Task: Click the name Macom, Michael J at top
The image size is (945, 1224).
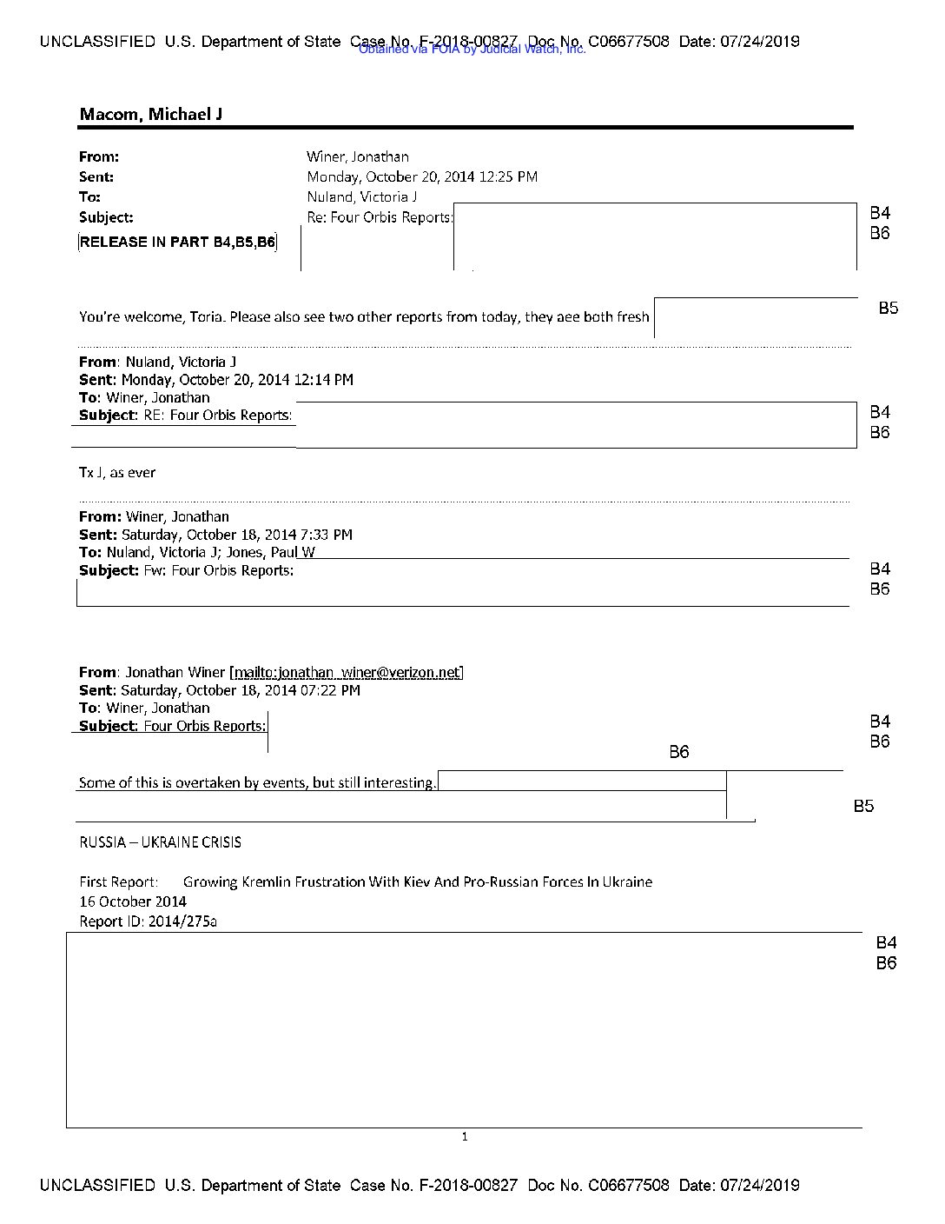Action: point(151,114)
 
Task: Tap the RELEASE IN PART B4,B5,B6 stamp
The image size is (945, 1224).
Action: point(178,243)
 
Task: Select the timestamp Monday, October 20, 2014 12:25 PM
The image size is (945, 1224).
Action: point(421,177)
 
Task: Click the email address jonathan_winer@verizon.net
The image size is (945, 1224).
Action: point(347,672)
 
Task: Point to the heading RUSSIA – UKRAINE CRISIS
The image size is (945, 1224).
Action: point(160,842)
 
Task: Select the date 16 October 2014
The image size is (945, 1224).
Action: point(133,901)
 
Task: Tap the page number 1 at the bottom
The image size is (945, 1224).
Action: point(465,1136)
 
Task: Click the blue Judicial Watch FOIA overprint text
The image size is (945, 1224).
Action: point(472,50)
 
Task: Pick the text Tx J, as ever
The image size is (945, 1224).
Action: point(117,473)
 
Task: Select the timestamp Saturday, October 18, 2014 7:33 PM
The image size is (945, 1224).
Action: point(236,535)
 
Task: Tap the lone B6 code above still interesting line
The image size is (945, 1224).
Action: point(678,752)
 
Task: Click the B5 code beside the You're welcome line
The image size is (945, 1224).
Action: point(888,308)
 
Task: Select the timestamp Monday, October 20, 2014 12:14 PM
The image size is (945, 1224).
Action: point(237,380)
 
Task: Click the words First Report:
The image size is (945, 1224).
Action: point(119,881)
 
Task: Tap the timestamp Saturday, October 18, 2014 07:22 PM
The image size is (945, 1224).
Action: point(241,690)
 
